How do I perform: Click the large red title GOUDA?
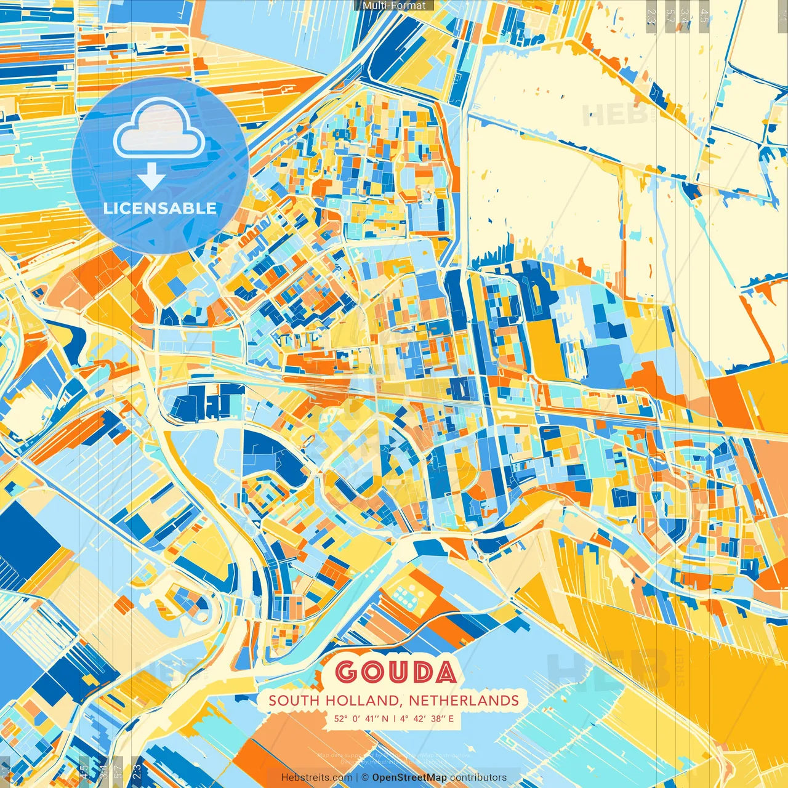click(x=396, y=672)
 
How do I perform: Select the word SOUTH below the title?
click(x=294, y=701)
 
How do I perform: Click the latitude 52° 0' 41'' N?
click(x=361, y=718)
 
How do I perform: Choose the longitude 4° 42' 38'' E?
click(x=427, y=718)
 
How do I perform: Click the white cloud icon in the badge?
click(x=159, y=131)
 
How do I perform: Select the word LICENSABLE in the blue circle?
click(x=160, y=208)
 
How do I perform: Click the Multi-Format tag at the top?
click(x=394, y=6)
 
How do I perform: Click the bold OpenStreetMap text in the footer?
click(x=409, y=778)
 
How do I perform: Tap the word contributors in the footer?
click(x=478, y=778)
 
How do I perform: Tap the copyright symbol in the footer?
click(x=364, y=778)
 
